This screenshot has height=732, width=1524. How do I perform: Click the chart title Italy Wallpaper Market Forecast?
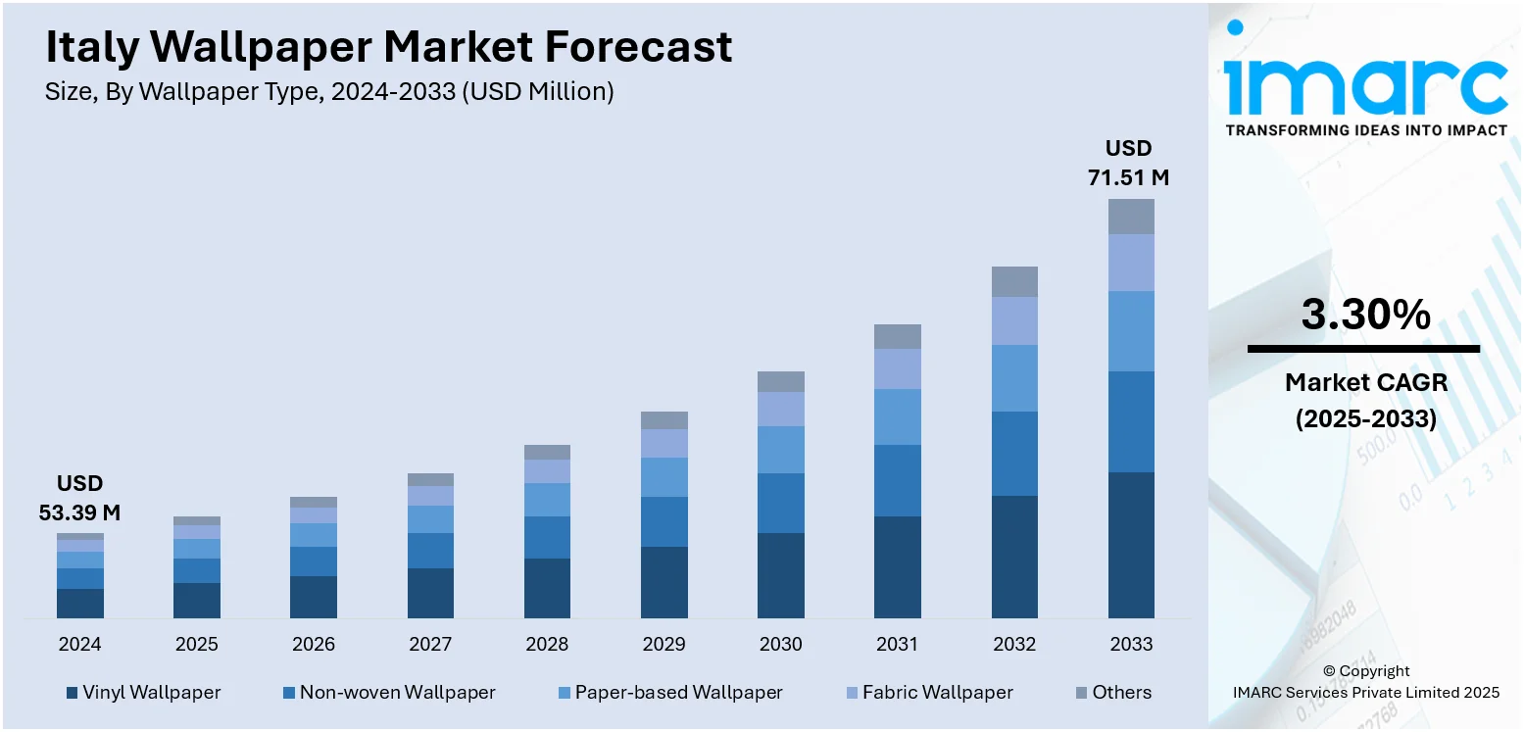[388, 47]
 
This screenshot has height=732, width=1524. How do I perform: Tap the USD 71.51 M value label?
[1128, 164]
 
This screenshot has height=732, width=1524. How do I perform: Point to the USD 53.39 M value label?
[79, 498]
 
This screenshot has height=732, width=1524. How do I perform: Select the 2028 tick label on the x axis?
[547, 644]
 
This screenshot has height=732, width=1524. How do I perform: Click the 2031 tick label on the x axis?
[897, 644]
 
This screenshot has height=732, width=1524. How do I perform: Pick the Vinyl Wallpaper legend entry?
[143, 692]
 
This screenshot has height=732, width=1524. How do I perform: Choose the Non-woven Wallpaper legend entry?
[388, 692]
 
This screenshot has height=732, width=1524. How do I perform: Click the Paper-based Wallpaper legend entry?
[669, 692]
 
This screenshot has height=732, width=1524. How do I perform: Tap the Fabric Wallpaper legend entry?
[928, 692]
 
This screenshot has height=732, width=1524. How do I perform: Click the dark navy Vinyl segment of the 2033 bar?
[1131, 545]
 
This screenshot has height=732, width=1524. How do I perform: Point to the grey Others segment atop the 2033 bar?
[1131, 217]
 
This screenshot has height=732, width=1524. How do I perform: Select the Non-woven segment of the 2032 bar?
[1014, 454]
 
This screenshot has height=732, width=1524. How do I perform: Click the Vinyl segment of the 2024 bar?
[79, 603]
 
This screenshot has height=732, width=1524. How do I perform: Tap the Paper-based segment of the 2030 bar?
[781, 450]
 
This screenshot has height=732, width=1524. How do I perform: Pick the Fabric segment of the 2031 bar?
[897, 369]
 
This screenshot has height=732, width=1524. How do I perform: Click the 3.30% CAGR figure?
[1365, 316]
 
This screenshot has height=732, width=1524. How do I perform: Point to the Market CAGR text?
[1365, 382]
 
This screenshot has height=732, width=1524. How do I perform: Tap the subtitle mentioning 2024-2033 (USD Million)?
[329, 92]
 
